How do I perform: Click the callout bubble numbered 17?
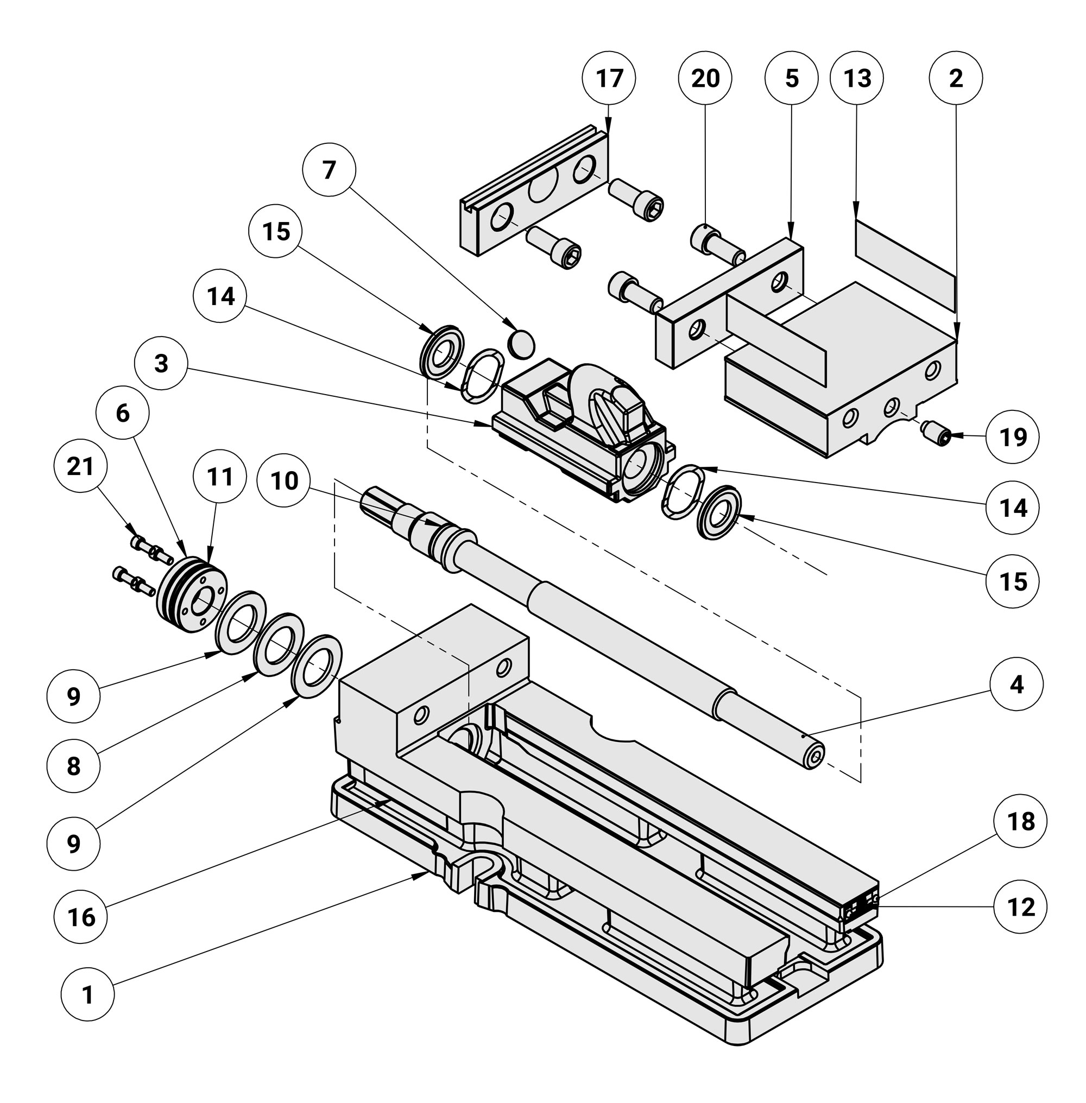[x=609, y=78]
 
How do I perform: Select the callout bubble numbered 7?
[x=329, y=170]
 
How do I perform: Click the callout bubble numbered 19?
[x=1013, y=437]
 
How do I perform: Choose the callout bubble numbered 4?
[x=1016, y=684]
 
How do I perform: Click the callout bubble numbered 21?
[x=80, y=466]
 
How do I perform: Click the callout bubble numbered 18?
[x=1020, y=822]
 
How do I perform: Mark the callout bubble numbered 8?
[x=74, y=766]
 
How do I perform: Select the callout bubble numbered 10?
[x=284, y=481]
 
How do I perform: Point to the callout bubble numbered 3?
[x=161, y=363]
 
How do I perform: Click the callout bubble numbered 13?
[x=857, y=78]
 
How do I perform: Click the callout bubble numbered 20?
[x=705, y=78]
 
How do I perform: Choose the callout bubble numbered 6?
[x=123, y=413]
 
